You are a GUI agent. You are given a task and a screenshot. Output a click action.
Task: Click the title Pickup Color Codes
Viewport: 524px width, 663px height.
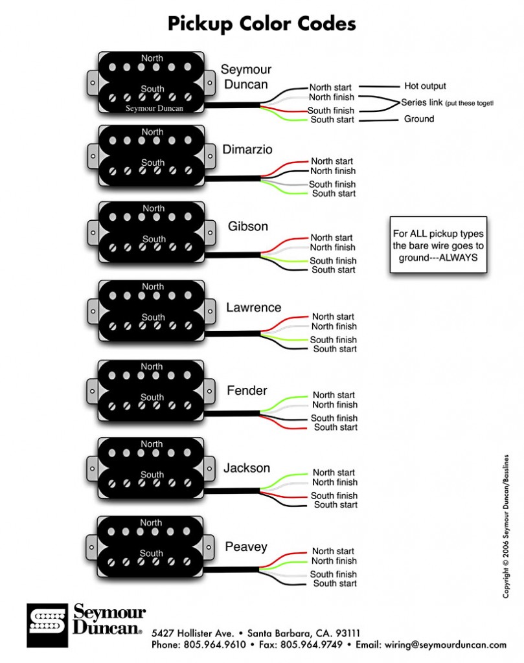pyautogui.click(x=262, y=24)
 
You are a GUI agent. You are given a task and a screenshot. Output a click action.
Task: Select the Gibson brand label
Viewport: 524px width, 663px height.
pyautogui.click(x=247, y=227)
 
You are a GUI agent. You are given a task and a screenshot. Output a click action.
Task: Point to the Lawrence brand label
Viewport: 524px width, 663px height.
pyautogui.click(x=253, y=308)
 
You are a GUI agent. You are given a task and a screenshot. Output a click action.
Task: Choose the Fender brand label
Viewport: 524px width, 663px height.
pyautogui.click(x=247, y=390)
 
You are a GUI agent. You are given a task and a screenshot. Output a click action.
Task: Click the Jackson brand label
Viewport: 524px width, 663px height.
pyautogui.click(x=247, y=467)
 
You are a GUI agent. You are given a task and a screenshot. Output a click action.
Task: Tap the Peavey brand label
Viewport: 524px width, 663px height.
pyautogui.click(x=246, y=547)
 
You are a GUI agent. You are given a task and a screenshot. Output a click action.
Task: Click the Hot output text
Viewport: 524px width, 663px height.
pyautogui.click(x=425, y=85)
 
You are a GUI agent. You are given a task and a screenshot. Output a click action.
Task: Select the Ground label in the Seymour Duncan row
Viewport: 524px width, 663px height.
pyautogui.click(x=419, y=119)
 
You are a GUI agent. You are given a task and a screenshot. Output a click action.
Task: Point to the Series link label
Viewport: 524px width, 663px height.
pyautogui.click(x=422, y=102)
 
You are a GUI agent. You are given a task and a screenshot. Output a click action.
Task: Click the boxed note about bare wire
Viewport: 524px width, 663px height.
pyautogui.click(x=438, y=245)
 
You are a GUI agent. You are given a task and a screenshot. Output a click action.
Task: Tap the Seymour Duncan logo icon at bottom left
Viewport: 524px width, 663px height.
pyautogui.click(x=45, y=625)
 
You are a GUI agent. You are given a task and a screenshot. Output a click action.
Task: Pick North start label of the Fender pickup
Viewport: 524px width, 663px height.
pyautogui.click(x=334, y=395)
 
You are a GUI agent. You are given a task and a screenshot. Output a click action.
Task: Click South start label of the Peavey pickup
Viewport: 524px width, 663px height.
pyautogui.click(x=335, y=583)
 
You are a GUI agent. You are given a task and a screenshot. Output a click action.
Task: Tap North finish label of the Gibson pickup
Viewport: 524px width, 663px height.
pyautogui.click(x=332, y=247)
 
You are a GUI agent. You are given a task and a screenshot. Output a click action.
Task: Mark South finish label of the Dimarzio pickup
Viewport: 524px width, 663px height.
pyautogui.click(x=332, y=185)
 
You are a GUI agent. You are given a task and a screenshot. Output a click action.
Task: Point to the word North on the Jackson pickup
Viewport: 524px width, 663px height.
pyautogui.click(x=152, y=444)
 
